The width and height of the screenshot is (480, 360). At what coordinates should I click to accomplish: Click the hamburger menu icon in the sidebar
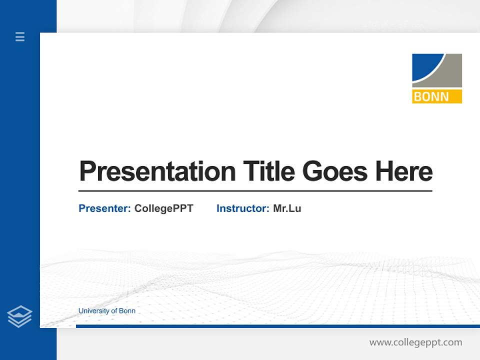click(20, 36)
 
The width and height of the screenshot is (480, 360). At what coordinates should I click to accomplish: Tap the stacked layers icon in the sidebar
click(19, 316)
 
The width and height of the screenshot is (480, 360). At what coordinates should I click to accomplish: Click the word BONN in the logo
click(431, 96)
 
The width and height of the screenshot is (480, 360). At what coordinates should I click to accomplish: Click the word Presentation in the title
click(157, 171)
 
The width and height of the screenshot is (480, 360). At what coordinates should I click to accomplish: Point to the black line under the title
click(255, 190)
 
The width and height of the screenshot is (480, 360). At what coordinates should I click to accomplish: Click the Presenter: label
click(104, 208)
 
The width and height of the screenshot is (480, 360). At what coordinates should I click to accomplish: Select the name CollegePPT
click(163, 208)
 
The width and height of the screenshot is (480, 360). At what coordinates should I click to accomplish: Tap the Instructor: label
click(242, 208)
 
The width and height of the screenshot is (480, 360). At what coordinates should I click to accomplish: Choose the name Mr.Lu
click(287, 208)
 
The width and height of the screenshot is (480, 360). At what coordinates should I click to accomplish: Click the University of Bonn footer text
click(106, 311)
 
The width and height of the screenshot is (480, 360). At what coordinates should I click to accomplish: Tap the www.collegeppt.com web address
click(415, 342)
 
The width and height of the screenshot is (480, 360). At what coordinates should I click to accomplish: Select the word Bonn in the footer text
click(127, 311)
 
